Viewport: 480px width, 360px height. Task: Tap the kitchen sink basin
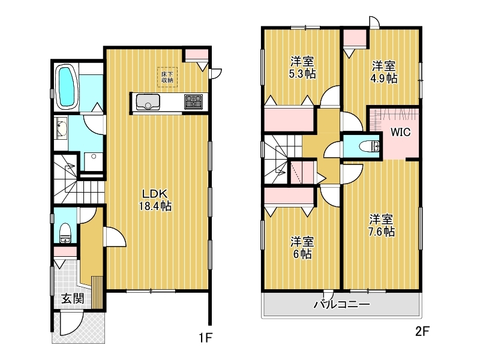coord(148,101)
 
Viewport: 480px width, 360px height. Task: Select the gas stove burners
coord(193,101)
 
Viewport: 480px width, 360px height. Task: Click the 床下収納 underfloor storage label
coord(167,77)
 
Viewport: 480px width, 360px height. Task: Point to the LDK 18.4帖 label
coord(155,200)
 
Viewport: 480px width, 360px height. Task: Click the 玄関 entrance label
coord(73,298)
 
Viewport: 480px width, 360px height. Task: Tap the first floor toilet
coord(65,233)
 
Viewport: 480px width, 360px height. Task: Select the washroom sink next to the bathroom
coord(61,128)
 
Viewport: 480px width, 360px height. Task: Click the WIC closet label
coord(400,132)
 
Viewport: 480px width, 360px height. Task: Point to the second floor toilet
coord(370,146)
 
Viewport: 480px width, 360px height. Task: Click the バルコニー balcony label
coord(342,304)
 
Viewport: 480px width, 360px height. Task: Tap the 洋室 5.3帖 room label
coord(302,67)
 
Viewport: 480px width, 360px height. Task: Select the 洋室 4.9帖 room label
coord(384,72)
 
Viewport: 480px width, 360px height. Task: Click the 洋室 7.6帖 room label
coord(381,225)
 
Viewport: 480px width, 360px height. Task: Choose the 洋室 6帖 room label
coord(302,247)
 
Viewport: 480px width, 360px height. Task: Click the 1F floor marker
coord(206,338)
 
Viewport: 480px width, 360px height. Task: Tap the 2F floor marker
coord(422,331)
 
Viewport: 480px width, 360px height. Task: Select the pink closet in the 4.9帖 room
coord(355,38)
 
